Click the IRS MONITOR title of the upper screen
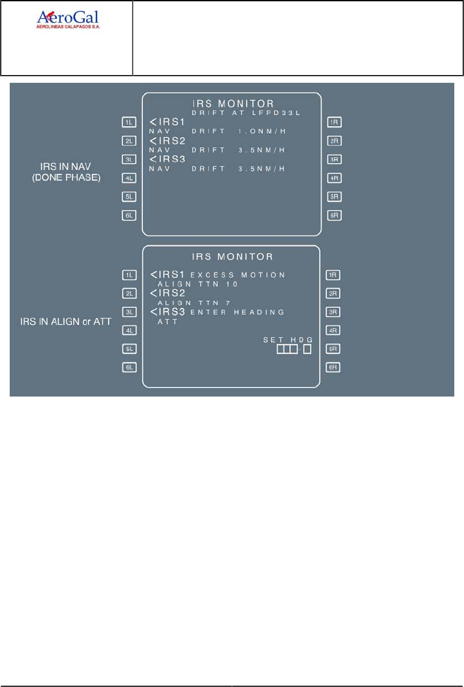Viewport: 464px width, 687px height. click(x=232, y=104)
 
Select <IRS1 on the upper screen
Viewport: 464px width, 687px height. click(x=166, y=122)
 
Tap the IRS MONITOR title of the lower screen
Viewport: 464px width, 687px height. click(x=232, y=257)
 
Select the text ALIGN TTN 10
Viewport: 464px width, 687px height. click(x=198, y=284)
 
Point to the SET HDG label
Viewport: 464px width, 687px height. click(x=287, y=340)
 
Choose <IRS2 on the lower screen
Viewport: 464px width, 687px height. click(x=166, y=294)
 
